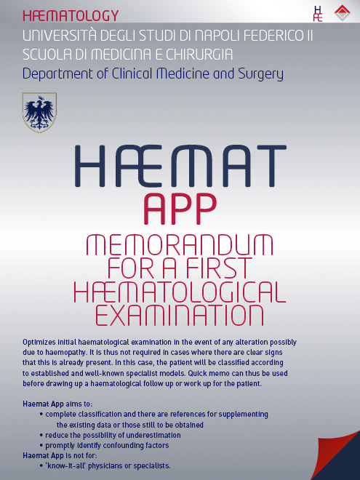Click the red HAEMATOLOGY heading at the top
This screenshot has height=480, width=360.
click(71, 15)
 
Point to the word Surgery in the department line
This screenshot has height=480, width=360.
click(257, 73)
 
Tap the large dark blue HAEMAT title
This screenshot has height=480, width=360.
click(180, 167)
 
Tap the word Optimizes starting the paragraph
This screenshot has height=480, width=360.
click(43, 342)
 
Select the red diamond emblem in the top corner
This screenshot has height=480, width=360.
click(341, 12)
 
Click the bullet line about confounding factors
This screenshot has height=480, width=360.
click(107, 445)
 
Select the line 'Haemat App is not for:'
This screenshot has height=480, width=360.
click(63, 455)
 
